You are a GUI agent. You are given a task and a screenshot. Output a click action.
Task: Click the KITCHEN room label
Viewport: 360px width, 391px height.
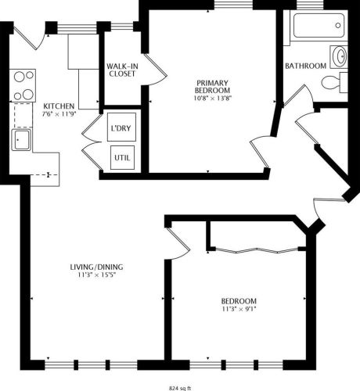coord(59,106)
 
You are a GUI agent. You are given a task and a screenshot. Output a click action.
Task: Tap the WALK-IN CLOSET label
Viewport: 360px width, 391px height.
coord(121,70)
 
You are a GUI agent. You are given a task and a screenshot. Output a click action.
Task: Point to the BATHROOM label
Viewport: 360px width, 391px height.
coord(305,66)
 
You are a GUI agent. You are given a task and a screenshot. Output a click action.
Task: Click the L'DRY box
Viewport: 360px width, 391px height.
coord(121,127)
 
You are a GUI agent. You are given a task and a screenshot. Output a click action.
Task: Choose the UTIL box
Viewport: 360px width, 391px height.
coord(121,157)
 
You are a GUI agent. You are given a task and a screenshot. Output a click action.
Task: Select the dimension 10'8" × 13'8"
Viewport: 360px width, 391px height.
coord(211,98)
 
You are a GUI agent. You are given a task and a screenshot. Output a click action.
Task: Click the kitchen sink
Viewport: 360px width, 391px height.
coord(21,140)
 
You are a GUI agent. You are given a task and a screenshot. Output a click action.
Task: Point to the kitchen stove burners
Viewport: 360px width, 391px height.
coord(23,85)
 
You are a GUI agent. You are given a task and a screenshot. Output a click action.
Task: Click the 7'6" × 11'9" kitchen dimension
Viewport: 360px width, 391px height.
coord(59,115)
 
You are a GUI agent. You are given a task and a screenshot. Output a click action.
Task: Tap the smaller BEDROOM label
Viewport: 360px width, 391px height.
coord(239,301)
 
